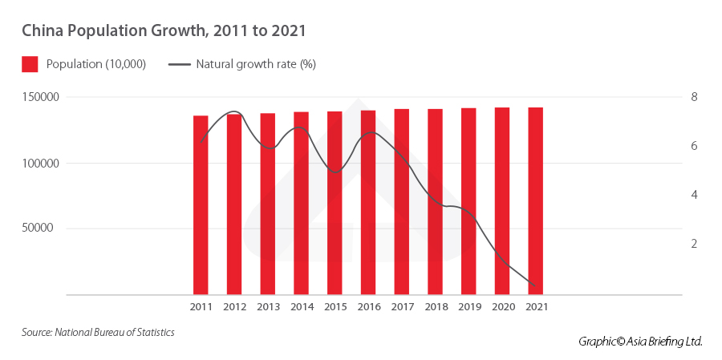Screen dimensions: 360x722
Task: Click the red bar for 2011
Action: (201, 204)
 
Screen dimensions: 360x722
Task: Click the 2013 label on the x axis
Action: (267, 306)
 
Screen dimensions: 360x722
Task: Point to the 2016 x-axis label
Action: (368, 306)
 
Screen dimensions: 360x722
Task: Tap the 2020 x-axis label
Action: (501, 306)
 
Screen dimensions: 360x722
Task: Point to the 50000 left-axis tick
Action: (47, 228)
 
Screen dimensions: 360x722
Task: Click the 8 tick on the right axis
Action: (694, 97)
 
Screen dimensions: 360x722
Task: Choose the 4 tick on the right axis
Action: (694, 195)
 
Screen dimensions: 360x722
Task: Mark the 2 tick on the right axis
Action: (694, 244)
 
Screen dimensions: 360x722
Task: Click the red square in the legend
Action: (30, 64)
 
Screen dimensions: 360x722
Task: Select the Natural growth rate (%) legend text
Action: (255, 64)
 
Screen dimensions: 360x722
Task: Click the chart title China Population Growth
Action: (164, 31)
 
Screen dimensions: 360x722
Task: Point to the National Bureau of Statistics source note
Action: (98, 331)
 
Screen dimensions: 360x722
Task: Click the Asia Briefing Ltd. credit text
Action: (640, 342)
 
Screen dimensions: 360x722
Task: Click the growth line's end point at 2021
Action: (535, 285)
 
